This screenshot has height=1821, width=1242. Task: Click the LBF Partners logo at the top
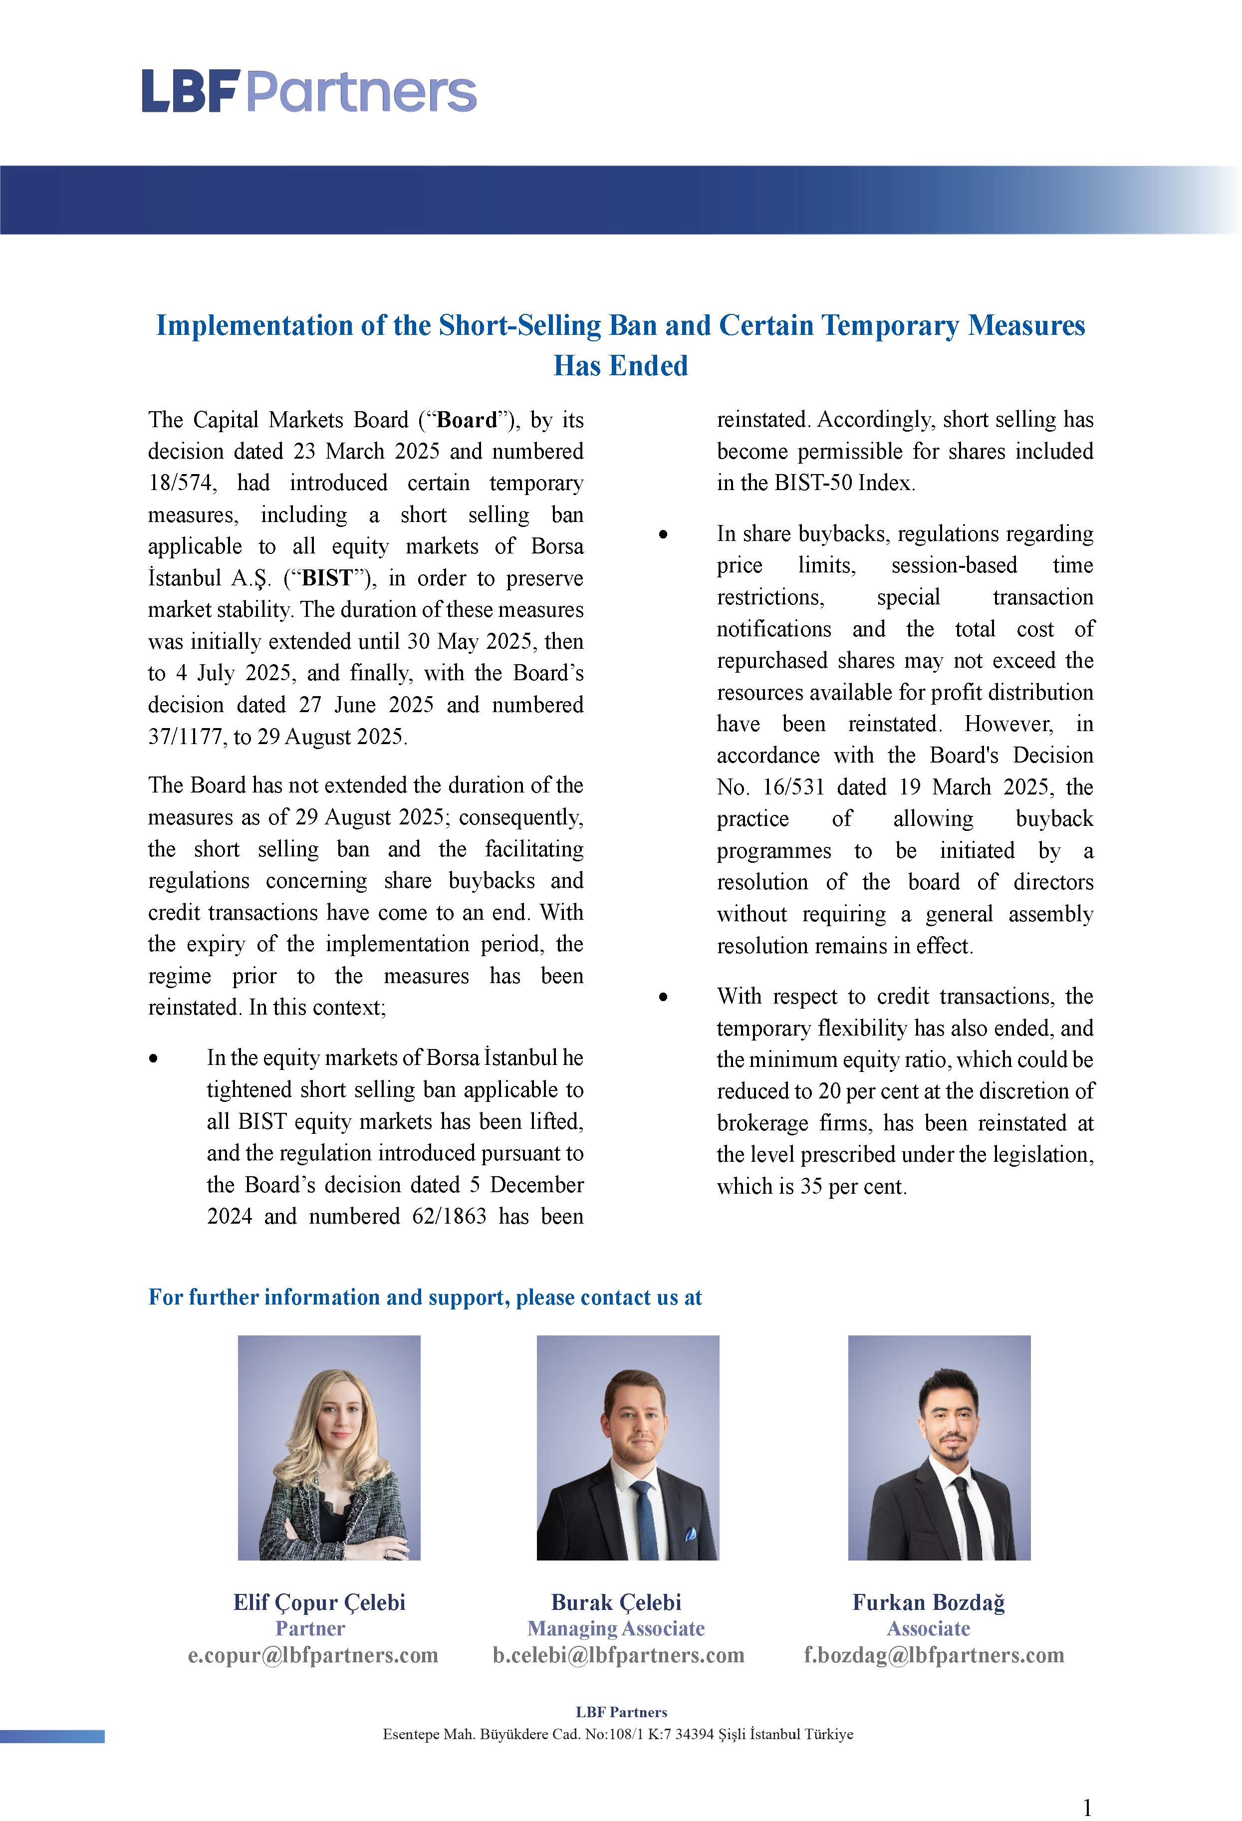coord(309,92)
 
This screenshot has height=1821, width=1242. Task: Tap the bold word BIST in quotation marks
coord(327,579)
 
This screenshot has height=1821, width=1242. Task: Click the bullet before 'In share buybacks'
coord(664,535)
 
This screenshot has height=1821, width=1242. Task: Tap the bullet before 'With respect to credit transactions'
coord(664,998)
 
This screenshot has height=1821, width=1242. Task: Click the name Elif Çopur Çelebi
coord(319,1603)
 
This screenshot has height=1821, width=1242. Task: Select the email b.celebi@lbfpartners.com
coord(618,1656)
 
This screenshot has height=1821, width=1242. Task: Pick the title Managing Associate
coord(616,1629)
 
